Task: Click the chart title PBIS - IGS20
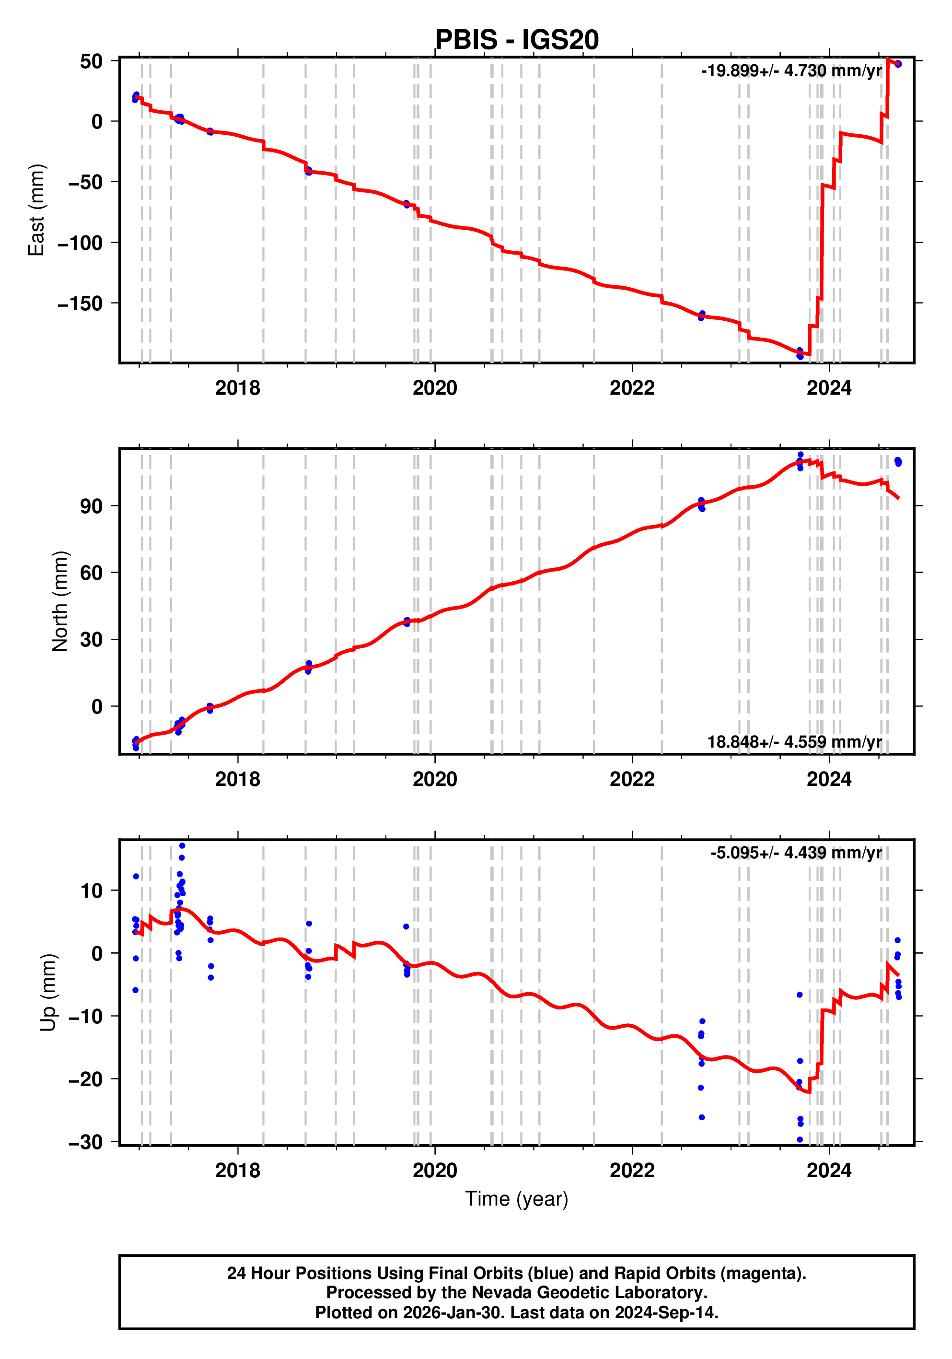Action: [x=517, y=40]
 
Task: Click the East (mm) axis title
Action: [x=37, y=210]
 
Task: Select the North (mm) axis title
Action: [x=60, y=601]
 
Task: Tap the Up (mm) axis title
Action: [x=48, y=993]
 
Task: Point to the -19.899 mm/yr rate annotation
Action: [x=790, y=71]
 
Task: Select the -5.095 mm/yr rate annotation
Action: [x=796, y=853]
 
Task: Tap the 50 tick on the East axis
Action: [x=91, y=61]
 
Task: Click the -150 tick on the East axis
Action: [x=80, y=304]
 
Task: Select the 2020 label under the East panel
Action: [x=435, y=388]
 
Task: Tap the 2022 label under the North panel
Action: [x=632, y=780]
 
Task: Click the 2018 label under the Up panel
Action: [x=237, y=1171]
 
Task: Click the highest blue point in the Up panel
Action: [x=182, y=846]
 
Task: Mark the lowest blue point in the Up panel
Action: [x=800, y=1139]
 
